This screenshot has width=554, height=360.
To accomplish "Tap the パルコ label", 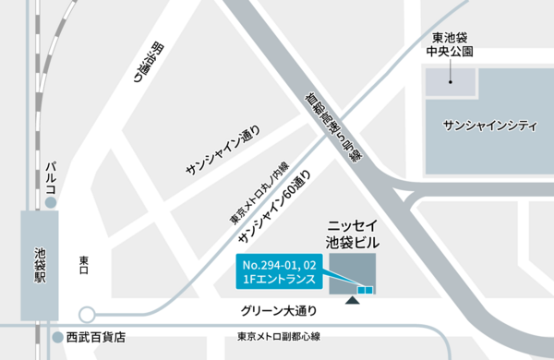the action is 51,176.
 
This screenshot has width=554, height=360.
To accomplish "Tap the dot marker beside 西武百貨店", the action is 57,337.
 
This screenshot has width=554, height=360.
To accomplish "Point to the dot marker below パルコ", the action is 51,200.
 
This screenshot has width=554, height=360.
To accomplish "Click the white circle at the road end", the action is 87,313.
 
